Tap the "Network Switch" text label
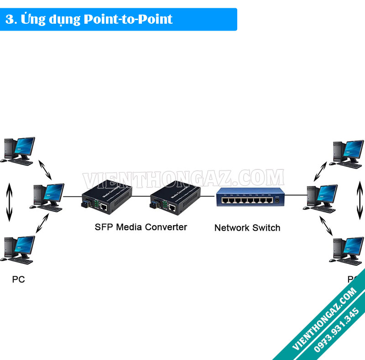(x=247, y=227)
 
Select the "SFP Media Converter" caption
(x=141, y=226)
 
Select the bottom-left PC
(x=19, y=250)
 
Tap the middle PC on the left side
(x=49, y=197)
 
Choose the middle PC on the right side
(x=322, y=197)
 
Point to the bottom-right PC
(x=348, y=250)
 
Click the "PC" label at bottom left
(x=18, y=279)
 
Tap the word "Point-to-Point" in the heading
(x=128, y=19)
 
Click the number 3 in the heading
(x=8, y=19)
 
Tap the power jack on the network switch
(x=276, y=200)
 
